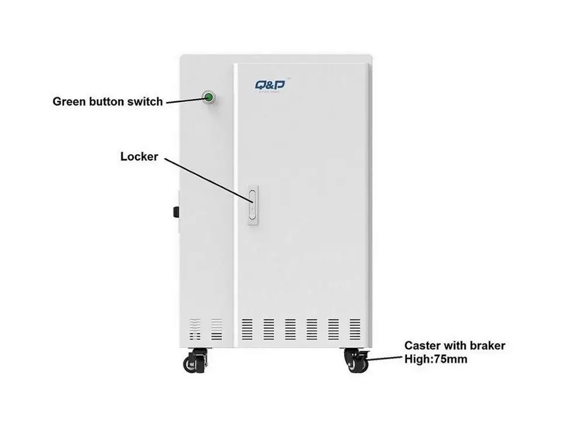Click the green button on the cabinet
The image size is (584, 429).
(208, 96)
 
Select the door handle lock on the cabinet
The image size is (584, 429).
(252, 204)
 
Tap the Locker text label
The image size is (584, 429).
(140, 156)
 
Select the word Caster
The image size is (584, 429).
(423, 346)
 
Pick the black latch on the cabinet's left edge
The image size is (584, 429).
(175, 211)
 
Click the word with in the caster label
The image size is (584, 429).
(454, 346)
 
